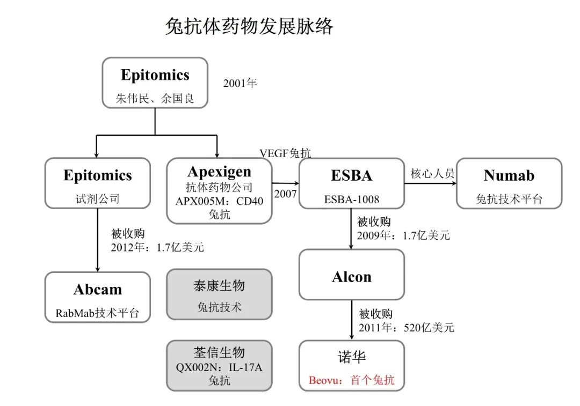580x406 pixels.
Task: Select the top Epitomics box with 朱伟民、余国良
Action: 155,83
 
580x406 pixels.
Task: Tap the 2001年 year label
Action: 241,84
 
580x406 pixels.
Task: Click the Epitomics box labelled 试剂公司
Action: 97,183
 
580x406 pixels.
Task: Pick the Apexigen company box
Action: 219,190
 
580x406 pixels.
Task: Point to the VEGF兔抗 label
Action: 285,153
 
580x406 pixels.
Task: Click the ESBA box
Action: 351,183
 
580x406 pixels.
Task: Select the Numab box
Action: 509,183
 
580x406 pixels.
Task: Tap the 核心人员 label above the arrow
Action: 432,173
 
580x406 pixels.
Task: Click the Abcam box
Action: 97,297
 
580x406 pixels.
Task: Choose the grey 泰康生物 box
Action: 219,294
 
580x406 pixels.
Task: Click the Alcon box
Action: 351,274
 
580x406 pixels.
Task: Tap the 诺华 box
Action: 351,365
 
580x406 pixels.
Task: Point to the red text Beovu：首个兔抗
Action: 351,380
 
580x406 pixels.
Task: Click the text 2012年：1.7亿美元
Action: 157,247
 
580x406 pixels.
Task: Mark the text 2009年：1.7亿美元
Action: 403,234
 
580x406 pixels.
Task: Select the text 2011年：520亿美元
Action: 405,327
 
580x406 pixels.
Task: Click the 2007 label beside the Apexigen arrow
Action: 285,194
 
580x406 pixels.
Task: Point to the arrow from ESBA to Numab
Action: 430,183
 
